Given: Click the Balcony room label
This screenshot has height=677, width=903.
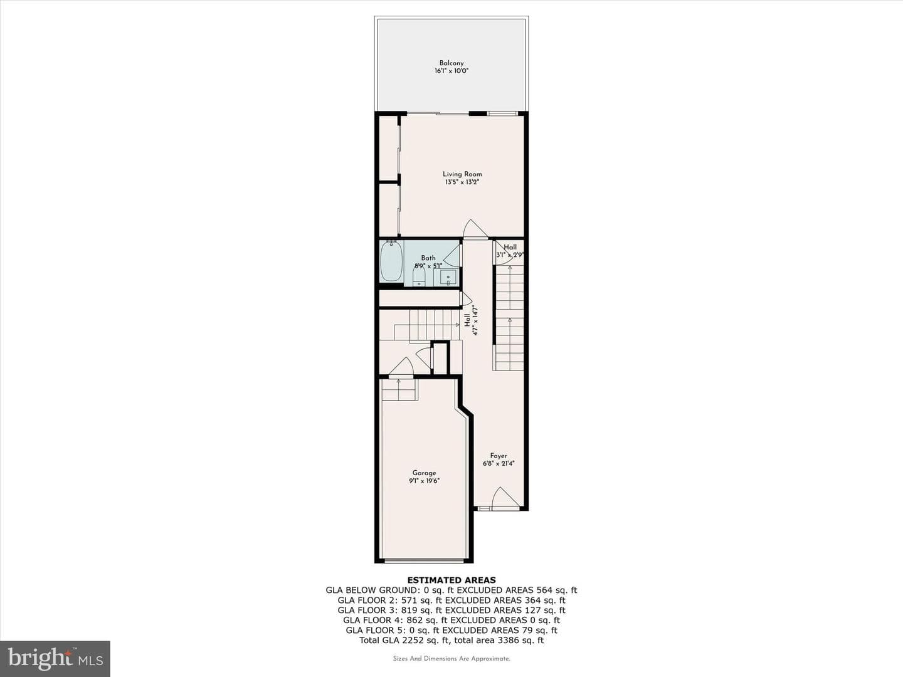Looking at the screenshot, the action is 451,63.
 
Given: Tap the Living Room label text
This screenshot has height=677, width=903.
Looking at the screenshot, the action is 462,174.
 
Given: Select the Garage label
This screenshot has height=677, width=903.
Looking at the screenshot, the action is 424,473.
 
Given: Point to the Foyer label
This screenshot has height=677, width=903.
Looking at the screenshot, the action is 498,456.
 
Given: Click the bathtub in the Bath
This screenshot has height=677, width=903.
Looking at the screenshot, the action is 391,261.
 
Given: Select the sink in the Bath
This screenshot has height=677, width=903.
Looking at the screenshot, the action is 448,278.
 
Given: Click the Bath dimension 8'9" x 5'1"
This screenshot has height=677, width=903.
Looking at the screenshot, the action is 428,266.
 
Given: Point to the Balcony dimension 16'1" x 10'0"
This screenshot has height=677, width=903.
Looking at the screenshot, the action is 451,71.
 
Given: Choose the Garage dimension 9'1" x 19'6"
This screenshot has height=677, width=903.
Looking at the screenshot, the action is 424,481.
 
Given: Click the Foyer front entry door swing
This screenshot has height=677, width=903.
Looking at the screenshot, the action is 505,497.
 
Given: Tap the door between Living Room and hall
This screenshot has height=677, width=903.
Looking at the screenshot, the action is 475,229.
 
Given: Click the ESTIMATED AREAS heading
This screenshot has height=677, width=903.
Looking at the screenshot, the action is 451,580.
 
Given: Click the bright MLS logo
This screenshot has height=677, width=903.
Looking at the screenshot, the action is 55,658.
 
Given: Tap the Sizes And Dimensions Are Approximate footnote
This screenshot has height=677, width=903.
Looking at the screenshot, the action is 451,658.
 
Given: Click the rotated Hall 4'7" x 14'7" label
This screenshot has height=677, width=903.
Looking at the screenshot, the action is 472,320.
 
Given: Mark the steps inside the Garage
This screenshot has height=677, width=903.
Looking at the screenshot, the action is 399,390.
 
